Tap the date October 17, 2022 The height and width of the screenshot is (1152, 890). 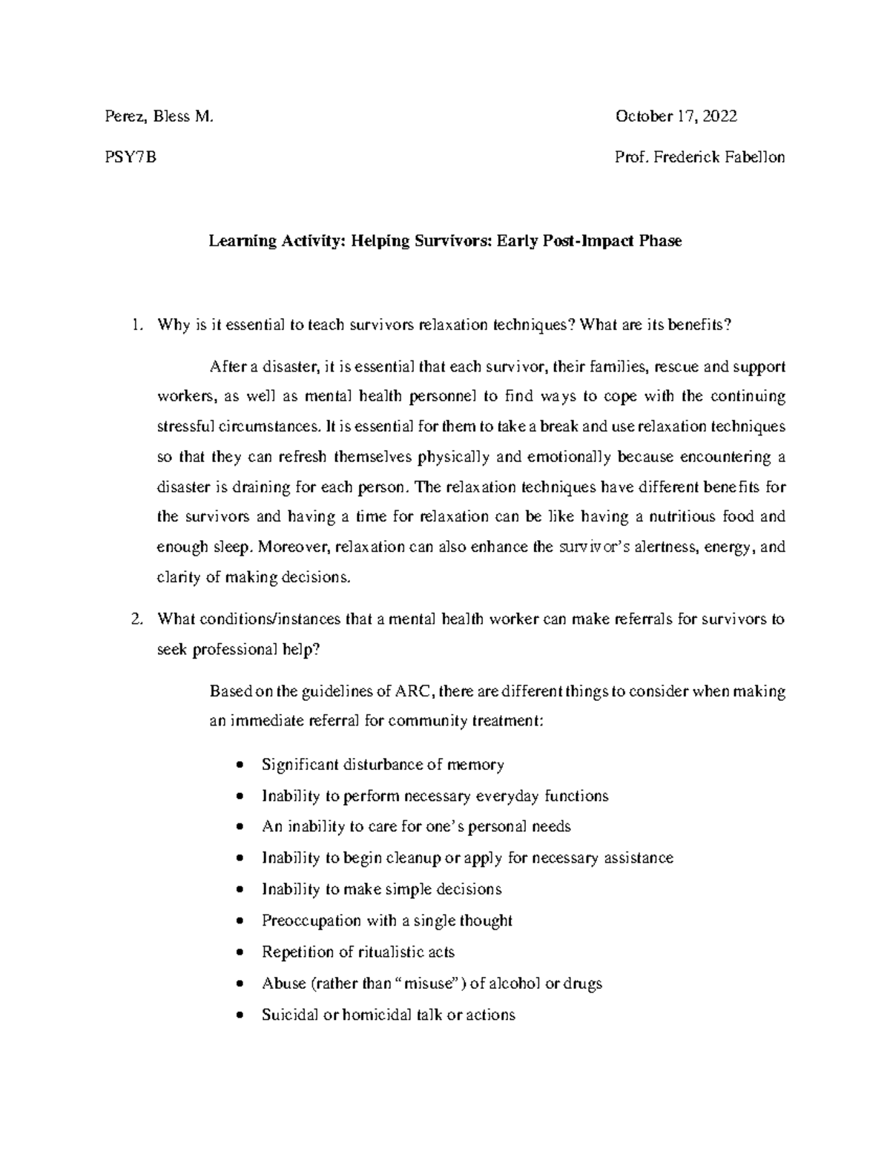[676, 116]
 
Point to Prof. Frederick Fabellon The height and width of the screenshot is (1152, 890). [699, 157]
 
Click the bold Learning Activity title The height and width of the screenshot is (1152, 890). [444, 241]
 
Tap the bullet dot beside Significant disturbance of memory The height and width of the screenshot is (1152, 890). [238, 765]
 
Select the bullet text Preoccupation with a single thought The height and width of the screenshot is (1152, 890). [386, 921]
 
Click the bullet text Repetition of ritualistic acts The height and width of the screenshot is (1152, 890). [357, 952]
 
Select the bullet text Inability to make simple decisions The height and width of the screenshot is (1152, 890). [381, 889]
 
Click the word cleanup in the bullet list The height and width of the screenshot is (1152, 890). [412, 858]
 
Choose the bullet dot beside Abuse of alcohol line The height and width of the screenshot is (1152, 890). [238, 984]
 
